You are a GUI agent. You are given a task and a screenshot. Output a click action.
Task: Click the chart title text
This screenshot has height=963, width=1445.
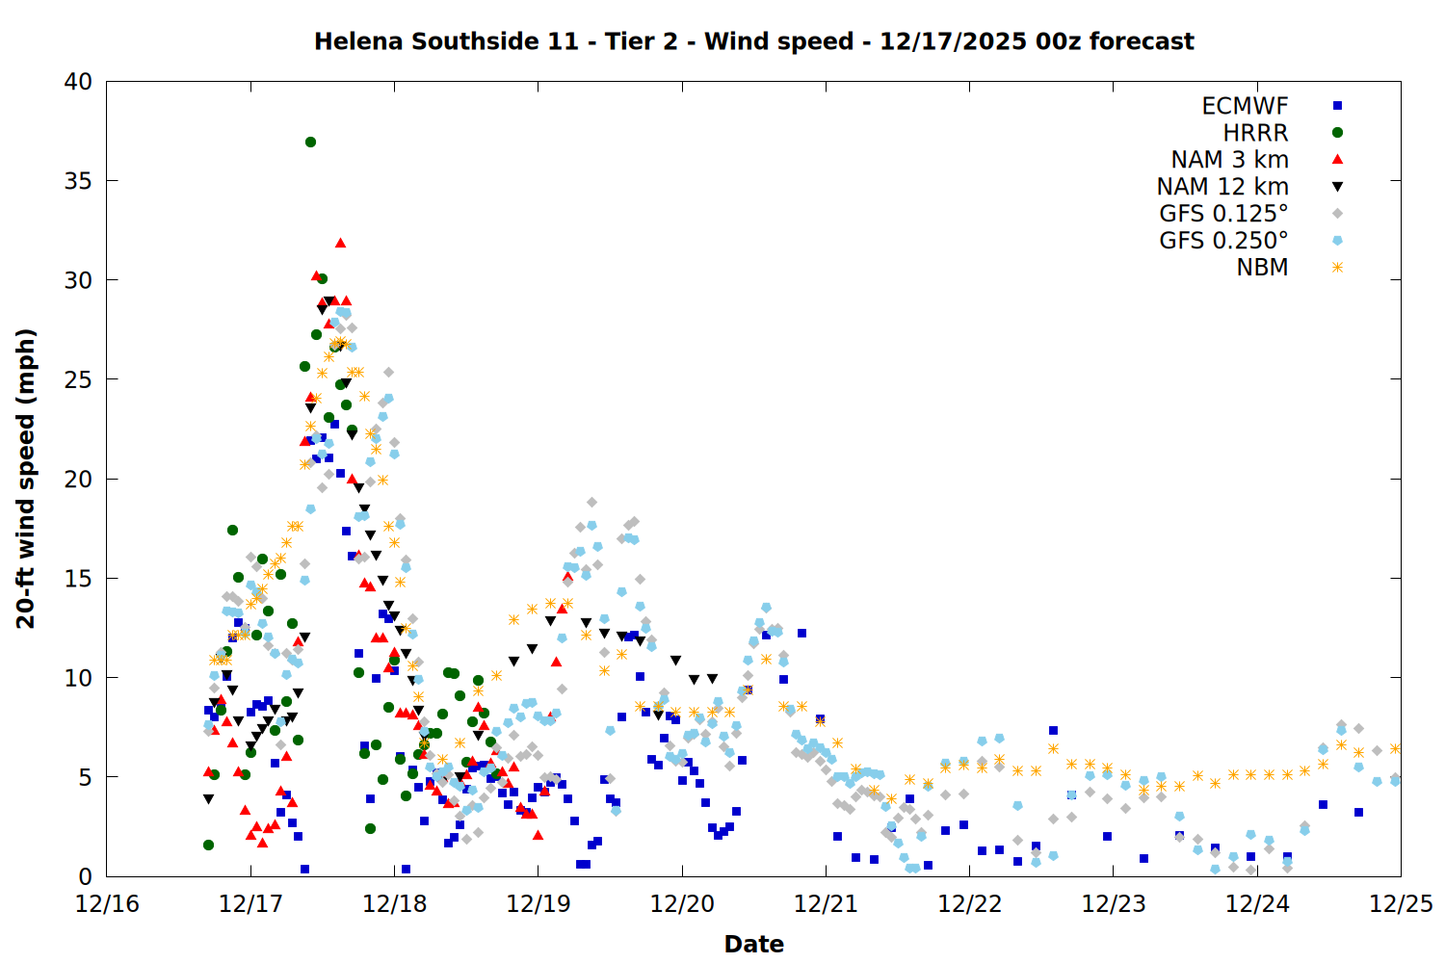[x=753, y=41]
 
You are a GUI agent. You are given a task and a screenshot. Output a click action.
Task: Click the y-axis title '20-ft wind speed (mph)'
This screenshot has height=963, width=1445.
[x=26, y=479]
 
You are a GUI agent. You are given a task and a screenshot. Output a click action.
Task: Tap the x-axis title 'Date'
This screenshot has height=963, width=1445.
[x=753, y=944]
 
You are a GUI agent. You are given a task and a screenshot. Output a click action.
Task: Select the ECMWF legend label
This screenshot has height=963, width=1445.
[x=1245, y=106]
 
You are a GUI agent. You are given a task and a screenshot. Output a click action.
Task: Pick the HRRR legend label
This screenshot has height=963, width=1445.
[x=1255, y=133]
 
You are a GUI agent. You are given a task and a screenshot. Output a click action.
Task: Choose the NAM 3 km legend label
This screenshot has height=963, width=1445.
[x=1229, y=160]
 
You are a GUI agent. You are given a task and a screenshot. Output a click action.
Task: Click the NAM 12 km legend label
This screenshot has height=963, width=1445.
[x=1222, y=187]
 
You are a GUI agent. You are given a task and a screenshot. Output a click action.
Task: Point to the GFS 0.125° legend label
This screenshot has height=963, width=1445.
[x=1223, y=214]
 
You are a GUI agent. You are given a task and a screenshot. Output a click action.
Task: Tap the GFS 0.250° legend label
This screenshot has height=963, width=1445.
[x=1223, y=241]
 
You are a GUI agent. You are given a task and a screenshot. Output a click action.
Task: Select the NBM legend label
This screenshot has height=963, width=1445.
[x=1262, y=268]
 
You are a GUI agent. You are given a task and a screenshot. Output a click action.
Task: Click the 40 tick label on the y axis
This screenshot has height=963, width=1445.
[x=78, y=82]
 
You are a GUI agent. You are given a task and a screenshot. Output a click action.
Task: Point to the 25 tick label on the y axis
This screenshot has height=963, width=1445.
[x=78, y=379]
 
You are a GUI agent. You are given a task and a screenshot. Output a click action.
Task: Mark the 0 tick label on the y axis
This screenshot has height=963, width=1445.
[x=86, y=876]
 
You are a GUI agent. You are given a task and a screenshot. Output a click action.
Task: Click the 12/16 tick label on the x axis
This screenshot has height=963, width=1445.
[x=107, y=904]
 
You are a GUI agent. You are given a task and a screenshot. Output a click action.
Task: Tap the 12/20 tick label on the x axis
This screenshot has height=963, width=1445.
[x=682, y=904]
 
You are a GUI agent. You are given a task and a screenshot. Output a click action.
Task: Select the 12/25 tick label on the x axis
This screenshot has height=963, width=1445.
[x=1401, y=904]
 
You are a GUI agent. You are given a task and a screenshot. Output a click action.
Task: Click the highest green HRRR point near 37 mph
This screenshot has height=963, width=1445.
[x=310, y=142]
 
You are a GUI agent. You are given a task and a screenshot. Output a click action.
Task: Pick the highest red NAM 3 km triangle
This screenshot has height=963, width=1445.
[x=340, y=243]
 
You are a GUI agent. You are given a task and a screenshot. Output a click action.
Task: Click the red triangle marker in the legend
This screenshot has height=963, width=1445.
[x=1337, y=160]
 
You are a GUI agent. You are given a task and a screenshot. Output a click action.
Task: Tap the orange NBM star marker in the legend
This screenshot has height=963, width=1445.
[x=1337, y=268]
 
